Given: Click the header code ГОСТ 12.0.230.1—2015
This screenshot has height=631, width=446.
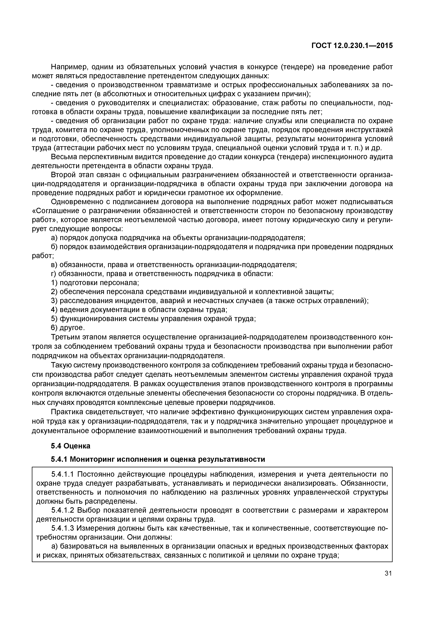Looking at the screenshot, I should point(352,46).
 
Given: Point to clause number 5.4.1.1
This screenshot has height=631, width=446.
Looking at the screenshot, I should point(63,474).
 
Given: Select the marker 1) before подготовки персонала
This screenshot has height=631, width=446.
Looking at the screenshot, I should point(54,283).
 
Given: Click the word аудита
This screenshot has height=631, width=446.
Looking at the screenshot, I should point(380,157).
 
